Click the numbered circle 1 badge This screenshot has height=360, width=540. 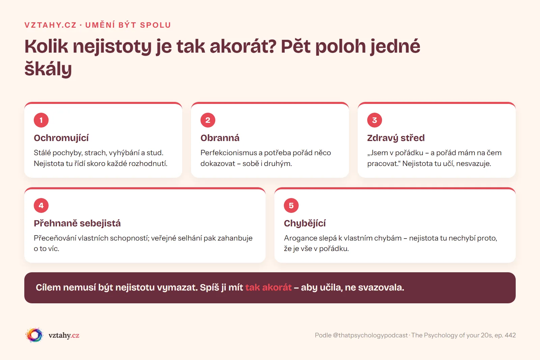click(41, 120)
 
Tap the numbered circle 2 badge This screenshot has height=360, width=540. click(208, 120)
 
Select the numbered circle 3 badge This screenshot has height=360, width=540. click(374, 120)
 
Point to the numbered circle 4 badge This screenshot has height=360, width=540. click(41, 205)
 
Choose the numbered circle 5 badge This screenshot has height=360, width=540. click(291, 205)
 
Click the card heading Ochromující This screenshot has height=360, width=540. click(61, 138)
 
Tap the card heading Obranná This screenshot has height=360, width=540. click(220, 138)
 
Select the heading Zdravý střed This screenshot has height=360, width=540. click(396, 138)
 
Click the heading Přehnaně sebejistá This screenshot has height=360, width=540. click(77, 223)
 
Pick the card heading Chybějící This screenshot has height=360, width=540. click(305, 223)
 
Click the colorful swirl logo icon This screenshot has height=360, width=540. click(34, 335)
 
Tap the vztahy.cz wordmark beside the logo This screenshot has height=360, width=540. click(64, 335)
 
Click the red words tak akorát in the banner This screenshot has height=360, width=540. click(268, 287)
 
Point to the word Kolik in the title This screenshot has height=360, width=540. click(46, 46)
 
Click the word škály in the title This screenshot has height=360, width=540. click(48, 69)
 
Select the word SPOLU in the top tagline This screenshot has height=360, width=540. click(156, 25)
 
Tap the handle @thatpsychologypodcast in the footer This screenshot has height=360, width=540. click(370, 335)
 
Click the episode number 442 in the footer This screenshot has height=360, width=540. click(510, 335)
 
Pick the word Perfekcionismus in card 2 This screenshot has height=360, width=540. click(228, 153)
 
